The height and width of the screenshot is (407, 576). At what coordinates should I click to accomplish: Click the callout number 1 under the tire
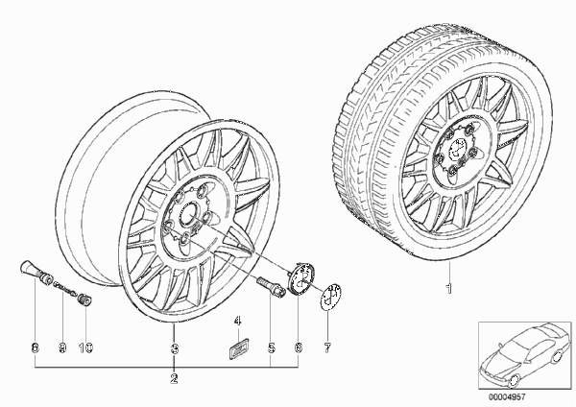coord(448,288)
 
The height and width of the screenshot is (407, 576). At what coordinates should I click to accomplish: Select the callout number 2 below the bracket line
coord(174,379)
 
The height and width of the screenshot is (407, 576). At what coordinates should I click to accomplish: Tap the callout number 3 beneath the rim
coord(175,348)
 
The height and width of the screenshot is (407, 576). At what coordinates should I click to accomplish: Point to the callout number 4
coord(238,321)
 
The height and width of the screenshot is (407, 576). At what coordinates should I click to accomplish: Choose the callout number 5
coord(271,347)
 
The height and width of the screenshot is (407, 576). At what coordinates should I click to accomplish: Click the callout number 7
coord(327,347)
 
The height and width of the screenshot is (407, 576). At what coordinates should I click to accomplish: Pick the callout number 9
coord(62,347)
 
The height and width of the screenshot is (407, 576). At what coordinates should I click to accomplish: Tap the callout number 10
coord(85,347)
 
